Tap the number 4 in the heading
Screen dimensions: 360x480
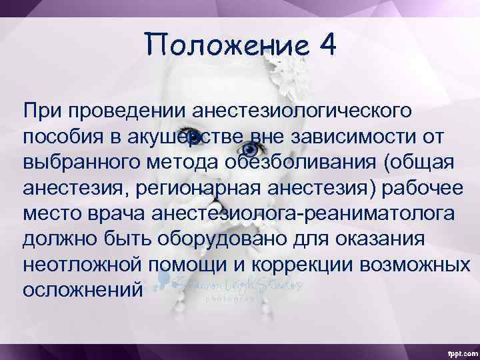point(327,45)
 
